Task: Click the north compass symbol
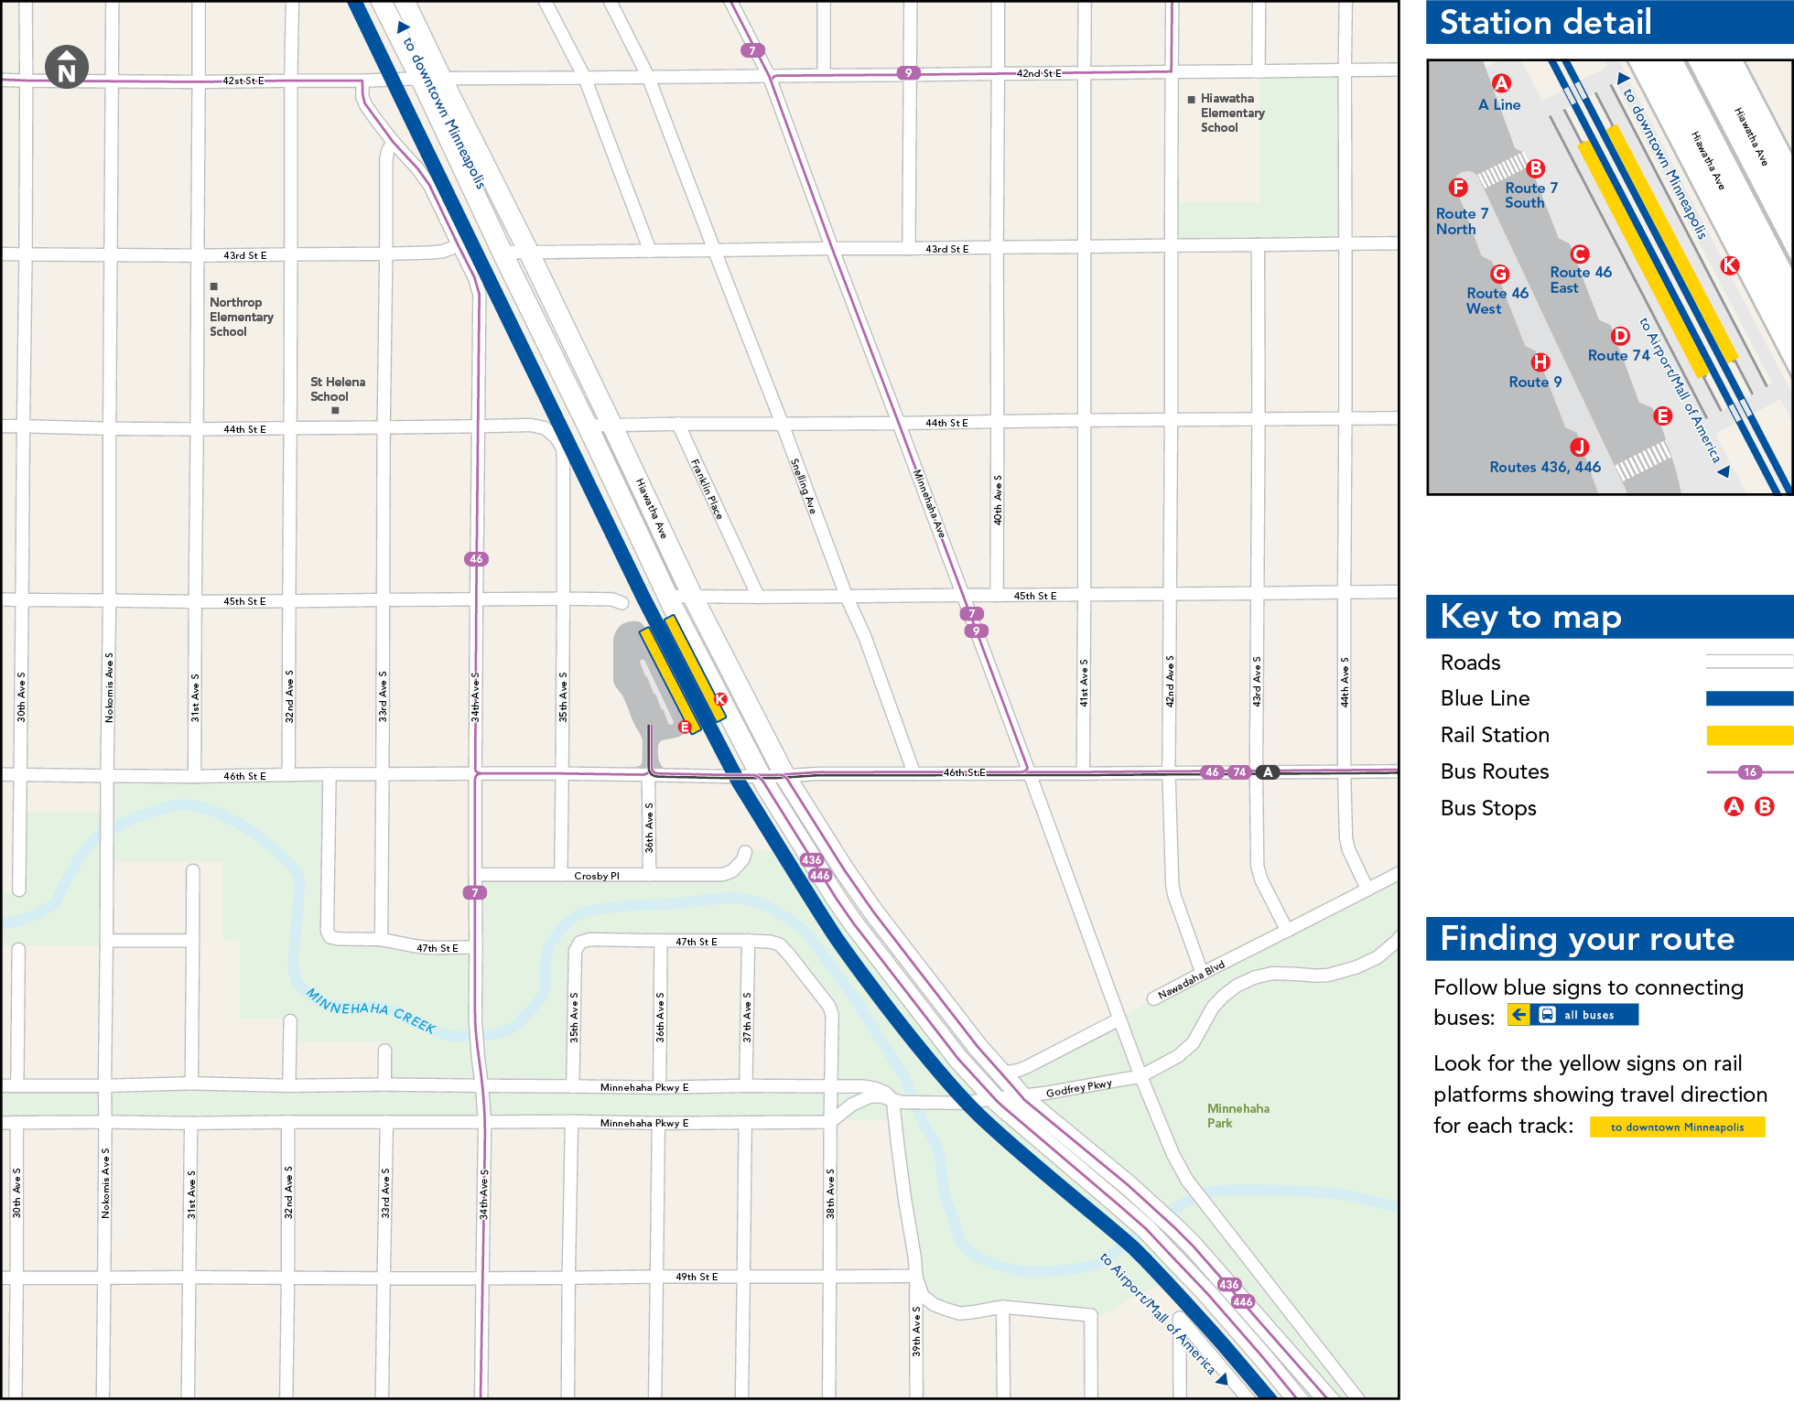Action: pos(67,67)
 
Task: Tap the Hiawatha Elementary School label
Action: pos(1231,113)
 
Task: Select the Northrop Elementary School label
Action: pos(241,317)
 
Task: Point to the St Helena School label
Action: pos(337,389)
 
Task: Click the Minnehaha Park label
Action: pos(1237,1116)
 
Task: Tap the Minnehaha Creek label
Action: pos(371,1010)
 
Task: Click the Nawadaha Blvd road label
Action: pos(1191,981)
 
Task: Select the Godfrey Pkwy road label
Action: pos(1078,1088)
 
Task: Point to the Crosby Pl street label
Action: pos(597,876)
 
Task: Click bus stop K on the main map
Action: pos(720,699)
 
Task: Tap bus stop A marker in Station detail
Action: pos(1501,83)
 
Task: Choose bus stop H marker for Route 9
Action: pos(1540,362)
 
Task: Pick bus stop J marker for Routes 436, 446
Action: pos(1579,447)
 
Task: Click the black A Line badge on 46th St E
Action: pos(1268,772)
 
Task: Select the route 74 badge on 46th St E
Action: pos(1239,772)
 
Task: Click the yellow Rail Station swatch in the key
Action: pos(1748,735)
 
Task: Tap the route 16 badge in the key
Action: pos(1750,772)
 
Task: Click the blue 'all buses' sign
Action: pos(1573,1015)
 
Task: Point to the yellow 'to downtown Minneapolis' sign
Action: pos(1677,1127)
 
